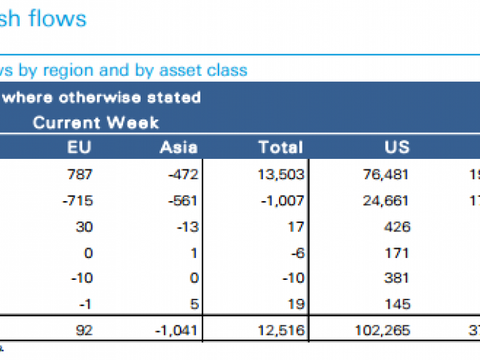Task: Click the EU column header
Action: pos(79,148)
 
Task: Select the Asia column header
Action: pos(179,148)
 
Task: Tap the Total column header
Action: pos(280,148)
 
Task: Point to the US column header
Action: pos(396,148)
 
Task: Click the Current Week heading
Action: pos(96,123)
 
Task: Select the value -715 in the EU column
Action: pos(77,200)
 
